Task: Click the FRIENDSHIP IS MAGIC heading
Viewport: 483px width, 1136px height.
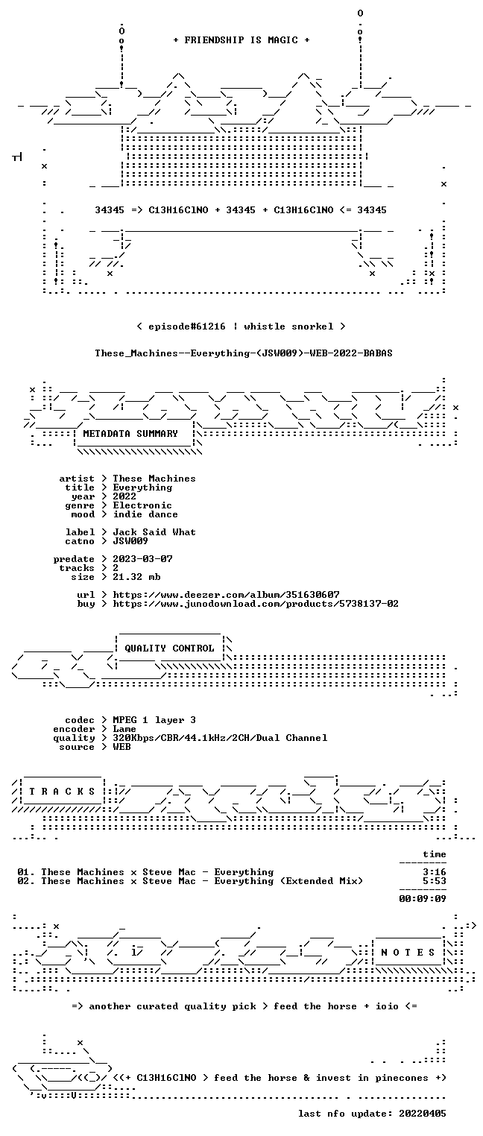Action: coord(241,40)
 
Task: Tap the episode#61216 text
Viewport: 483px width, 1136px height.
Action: coord(186,326)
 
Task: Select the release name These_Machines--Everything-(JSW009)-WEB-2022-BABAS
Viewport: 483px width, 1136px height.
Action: coord(244,353)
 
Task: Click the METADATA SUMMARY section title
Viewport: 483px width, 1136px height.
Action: coord(130,434)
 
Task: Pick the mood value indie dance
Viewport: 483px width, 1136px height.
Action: coord(145,514)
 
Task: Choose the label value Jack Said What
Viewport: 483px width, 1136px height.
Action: coord(154,532)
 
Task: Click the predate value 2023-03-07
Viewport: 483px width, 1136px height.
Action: coord(142,559)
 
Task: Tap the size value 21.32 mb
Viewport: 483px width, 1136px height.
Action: coord(136,577)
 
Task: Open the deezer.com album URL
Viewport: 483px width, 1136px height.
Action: coord(227,594)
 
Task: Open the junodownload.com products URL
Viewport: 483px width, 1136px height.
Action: coord(256,604)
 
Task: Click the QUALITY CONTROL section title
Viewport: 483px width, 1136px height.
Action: coord(169,648)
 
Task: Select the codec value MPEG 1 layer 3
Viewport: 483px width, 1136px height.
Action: coord(154,720)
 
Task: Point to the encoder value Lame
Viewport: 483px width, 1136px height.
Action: coord(124,729)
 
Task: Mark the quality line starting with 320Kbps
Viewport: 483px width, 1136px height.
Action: coord(220,738)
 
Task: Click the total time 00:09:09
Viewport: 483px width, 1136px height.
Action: coord(423,899)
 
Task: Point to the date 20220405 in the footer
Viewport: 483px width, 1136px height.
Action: coord(423,1114)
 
